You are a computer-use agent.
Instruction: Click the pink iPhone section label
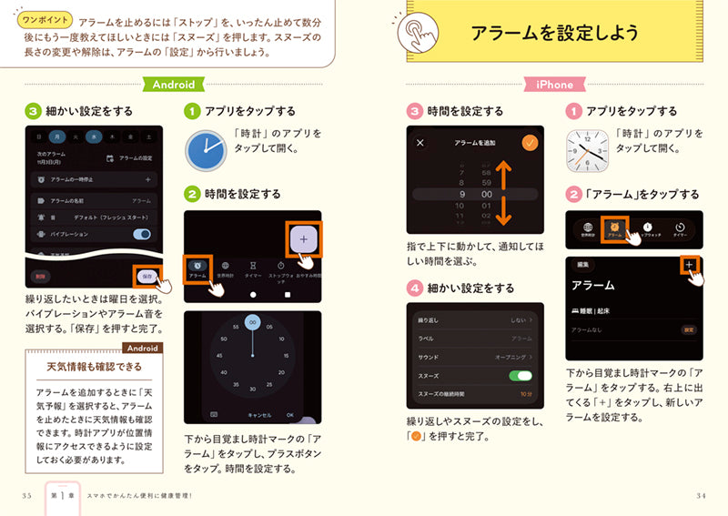tap(553, 84)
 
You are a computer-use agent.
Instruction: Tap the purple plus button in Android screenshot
tap(302, 239)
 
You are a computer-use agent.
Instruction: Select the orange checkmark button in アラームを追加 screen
tap(530, 143)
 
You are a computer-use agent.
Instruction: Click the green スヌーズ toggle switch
tap(520, 375)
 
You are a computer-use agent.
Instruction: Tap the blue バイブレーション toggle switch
tap(141, 234)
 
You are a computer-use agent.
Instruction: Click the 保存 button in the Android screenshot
tap(146, 276)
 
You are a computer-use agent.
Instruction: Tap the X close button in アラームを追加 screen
tap(420, 143)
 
